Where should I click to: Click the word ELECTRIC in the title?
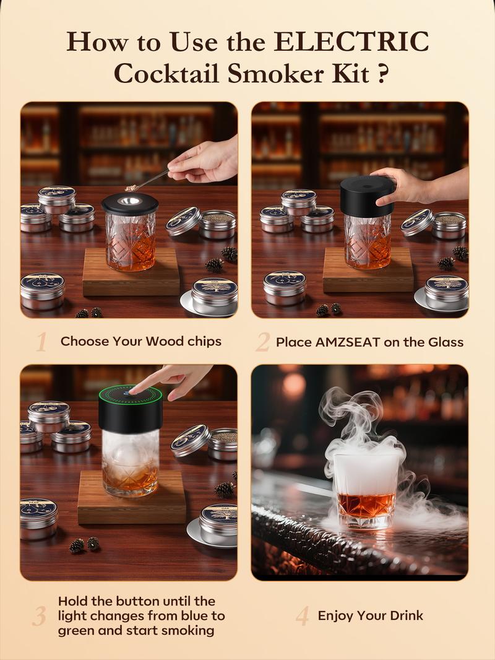(x=351, y=42)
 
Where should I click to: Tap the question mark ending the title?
(x=382, y=75)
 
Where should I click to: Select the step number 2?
(x=262, y=342)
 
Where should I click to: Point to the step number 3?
(x=40, y=616)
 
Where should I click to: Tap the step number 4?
(x=302, y=616)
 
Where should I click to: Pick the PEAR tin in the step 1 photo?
(x=41, y=289)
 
